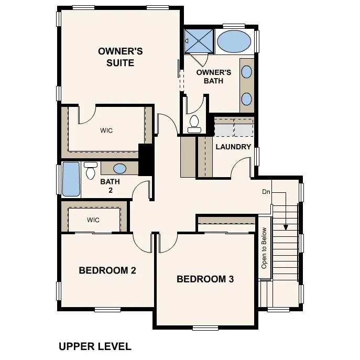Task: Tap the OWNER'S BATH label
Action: [x=214, y=77]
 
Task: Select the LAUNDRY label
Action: [x=233, y=147]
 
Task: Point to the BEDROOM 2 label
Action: [x=107, y=270]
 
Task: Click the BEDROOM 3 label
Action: [x=205, y=279]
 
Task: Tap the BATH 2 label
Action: [x=110, y=186]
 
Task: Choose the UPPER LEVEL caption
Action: [x=95, y=346]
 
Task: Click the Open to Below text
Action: [x=265, y=248]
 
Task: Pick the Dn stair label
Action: [x=266, y=192]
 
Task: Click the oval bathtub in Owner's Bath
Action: [x=234, y=41]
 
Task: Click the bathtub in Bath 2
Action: [x=71, y=179]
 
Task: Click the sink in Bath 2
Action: [x=120, y=168]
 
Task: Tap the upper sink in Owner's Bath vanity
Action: [x=247, y=72]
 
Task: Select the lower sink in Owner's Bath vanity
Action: [x=247, y=99]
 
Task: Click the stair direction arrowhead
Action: [x=286, y=227]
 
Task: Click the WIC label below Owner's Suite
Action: [x=106, y=130]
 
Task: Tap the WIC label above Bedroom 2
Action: [x=93, y=220]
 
